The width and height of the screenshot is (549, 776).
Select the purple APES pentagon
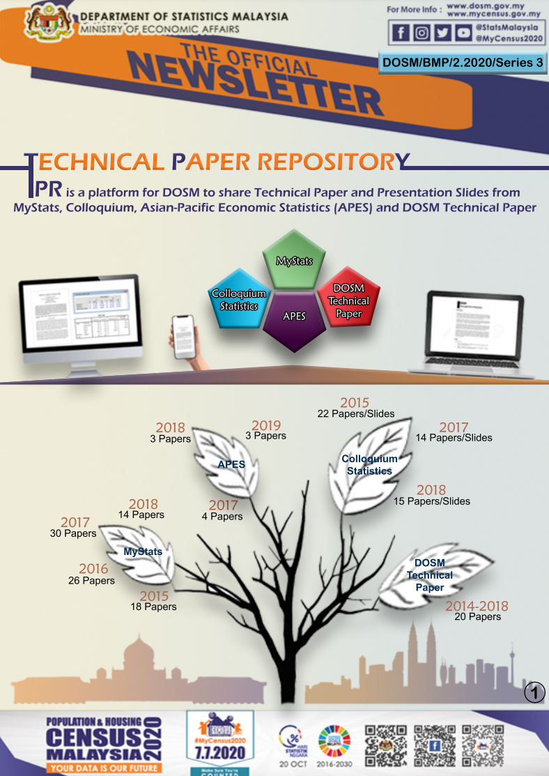pyautogui.click(x=294, y=317)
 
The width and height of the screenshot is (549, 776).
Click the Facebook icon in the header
pyautogui.click(x=401, y=32)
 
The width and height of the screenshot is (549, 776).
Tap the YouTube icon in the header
pyautogui.click(x=463, y=32)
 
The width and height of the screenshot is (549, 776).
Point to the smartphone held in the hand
pyautogui.click(x=184, y=336)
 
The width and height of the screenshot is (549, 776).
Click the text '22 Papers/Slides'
pyautogui.click(x=356, y=413)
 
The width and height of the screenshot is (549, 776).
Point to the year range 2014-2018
pyautogui.click(x=477, y=606)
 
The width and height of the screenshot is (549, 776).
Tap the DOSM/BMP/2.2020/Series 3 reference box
pyautogui.click(x=463, y=62)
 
